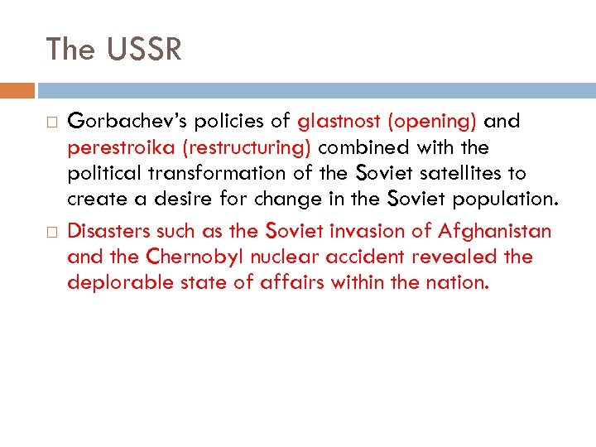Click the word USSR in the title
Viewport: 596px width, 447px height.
click(144, 50)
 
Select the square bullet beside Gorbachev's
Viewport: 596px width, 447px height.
click(52, 123)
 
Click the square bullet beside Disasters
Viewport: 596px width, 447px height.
click(52, 232)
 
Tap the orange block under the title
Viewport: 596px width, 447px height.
click(17, 89)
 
